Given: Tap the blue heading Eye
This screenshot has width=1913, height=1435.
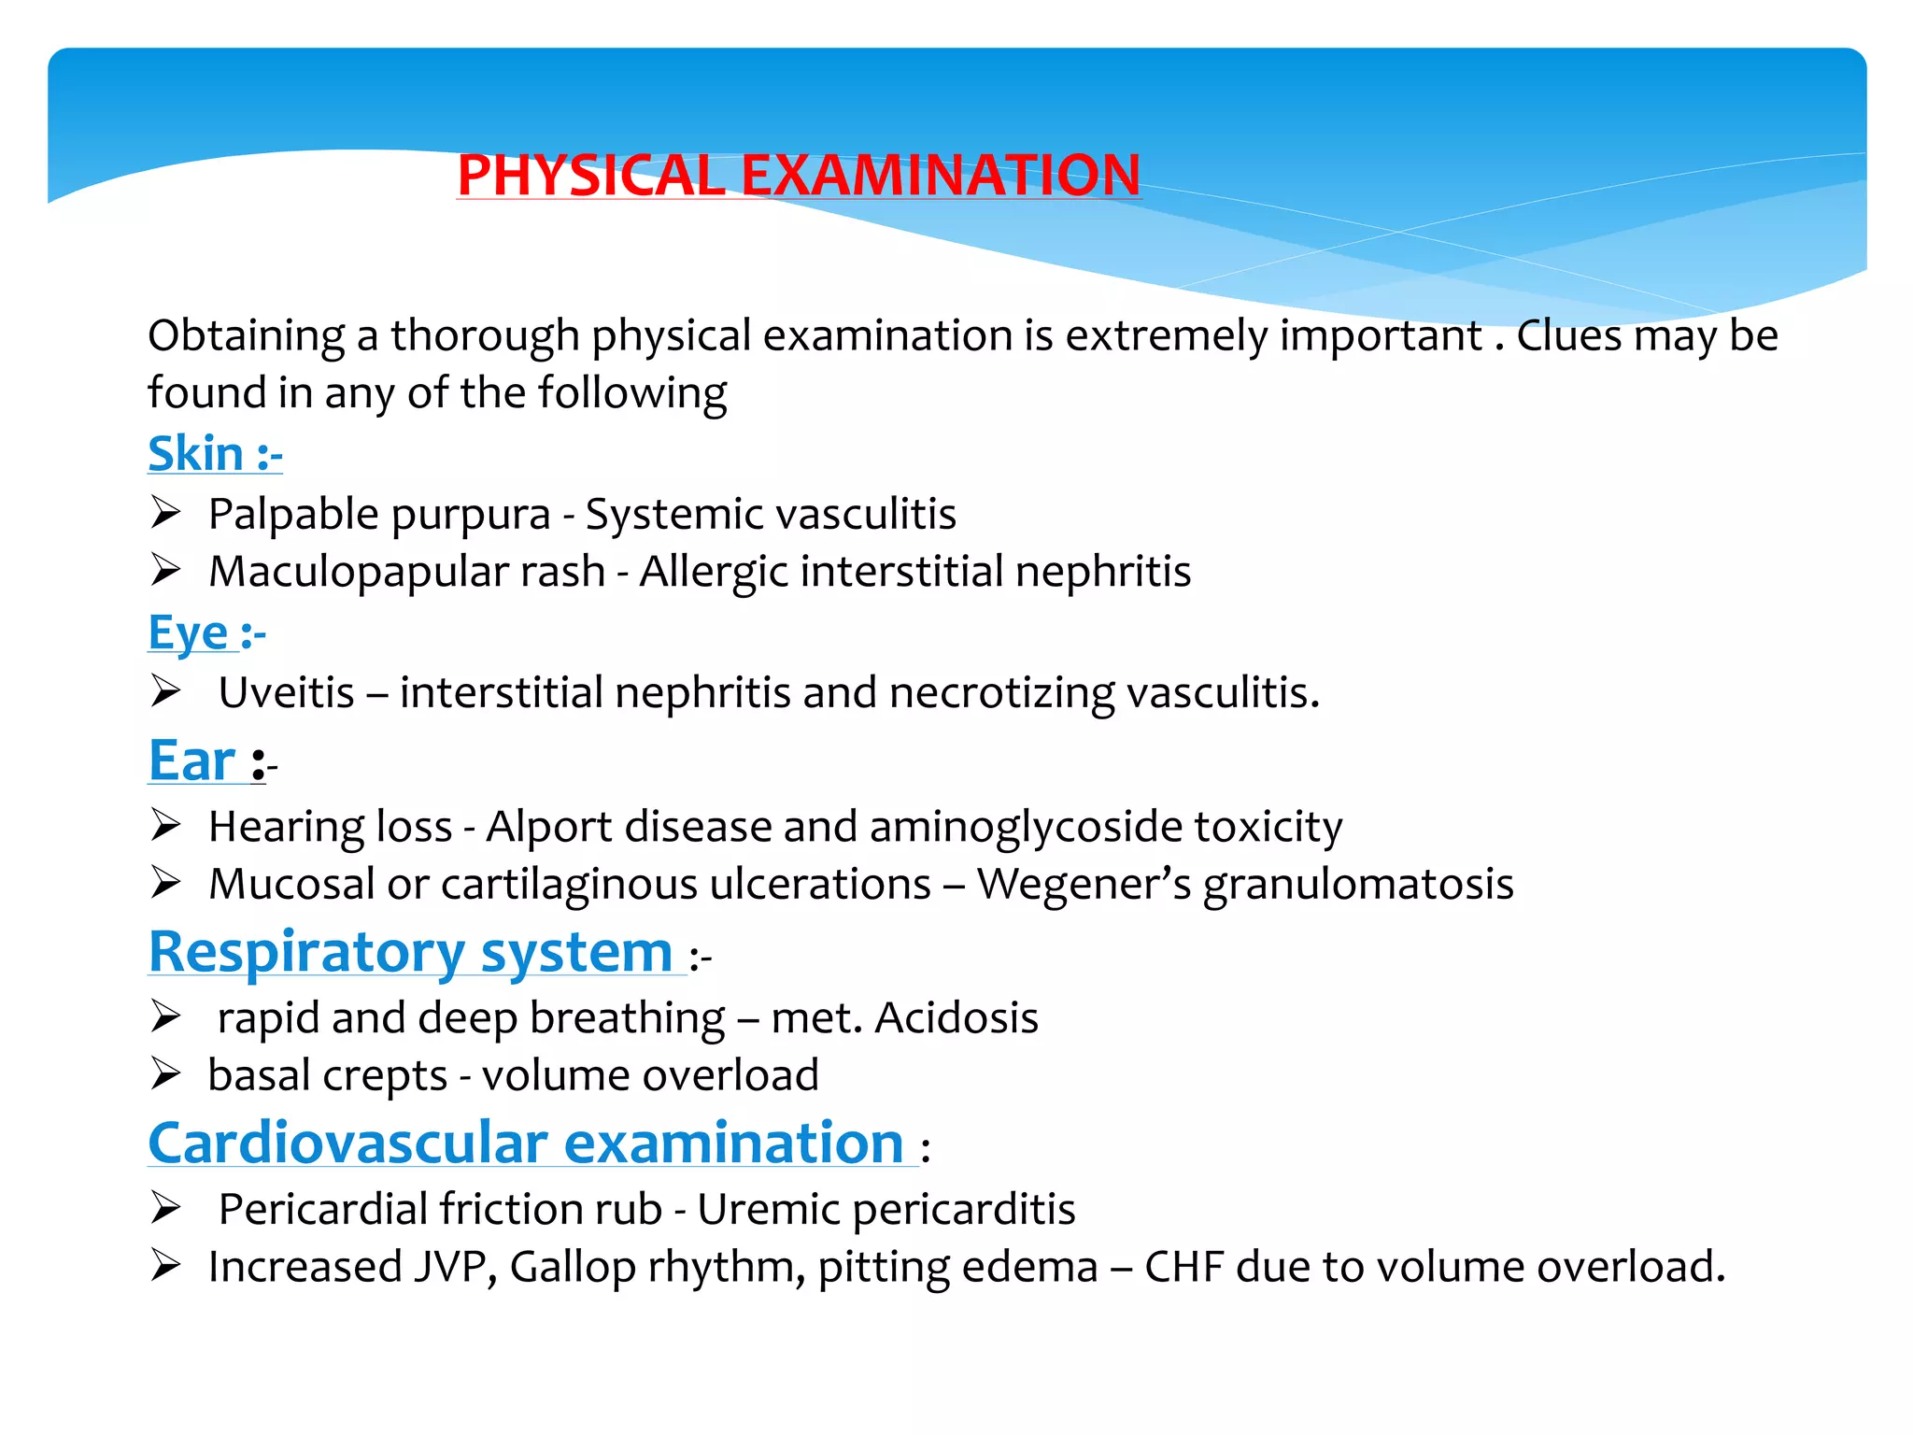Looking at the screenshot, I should [x=188, y=633].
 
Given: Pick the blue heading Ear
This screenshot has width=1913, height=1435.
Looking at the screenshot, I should [x=192, y=760].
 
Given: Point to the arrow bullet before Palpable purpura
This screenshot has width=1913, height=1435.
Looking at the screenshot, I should [x=165, y=513].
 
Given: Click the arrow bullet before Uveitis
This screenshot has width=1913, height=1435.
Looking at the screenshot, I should [x=165, y=691].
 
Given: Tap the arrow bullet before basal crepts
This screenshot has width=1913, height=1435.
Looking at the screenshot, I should [x=165, y=1074].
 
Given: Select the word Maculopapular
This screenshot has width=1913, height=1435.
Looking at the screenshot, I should [x=406, y=572].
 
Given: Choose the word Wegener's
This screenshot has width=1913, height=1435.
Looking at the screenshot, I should [x=1084, y=884].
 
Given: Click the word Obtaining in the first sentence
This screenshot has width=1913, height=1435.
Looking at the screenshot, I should [x=246, y=336].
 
